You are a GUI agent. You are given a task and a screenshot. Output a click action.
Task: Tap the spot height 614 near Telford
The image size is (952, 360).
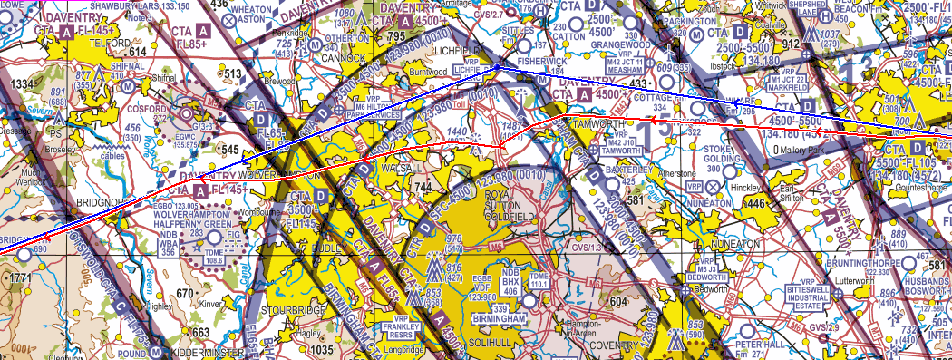click(x=137, y=53)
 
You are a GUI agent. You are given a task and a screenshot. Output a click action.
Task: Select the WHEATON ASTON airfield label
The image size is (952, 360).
click(x=252, y=12)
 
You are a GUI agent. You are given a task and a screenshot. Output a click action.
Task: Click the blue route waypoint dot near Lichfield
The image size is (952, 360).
click(x=497, y=66)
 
